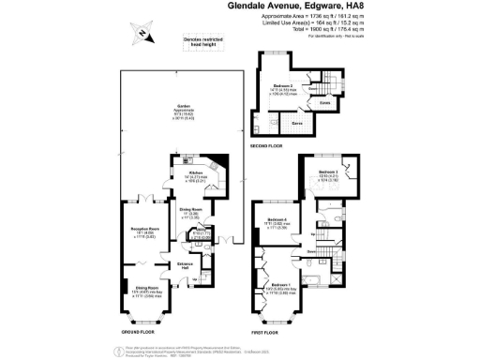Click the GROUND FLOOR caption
click(x=142, y=332)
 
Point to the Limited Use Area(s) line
click(x=316, y=22)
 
